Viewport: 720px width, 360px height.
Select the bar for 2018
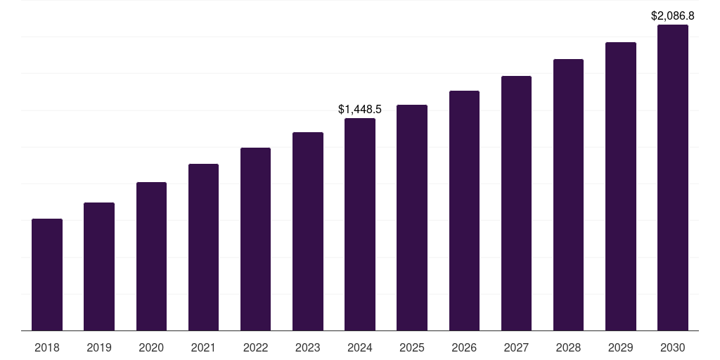pyautogui.click(x=47, y=274)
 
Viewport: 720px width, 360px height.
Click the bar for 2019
pyautogui.click(x=99, y=266)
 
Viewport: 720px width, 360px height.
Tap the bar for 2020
pyautogui.click(x=151, y=256)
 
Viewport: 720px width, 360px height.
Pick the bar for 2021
pyautogui.click(x=203, y=247)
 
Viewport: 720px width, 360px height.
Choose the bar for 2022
pyautogui.click(x=255, y=239)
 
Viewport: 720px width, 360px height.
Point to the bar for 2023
pyautogui.click(x=308, y=231)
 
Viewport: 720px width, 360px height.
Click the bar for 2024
pyautogui.click(x=360, y=224)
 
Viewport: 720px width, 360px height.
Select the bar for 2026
pyautogui.click(x=464, y=210)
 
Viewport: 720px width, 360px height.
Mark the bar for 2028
pyautogui.click(x=568, y=195)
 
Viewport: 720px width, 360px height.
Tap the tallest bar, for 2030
pyautogui.click(x=672, y=177)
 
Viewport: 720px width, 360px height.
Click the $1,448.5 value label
pyautogui.click(x=360, y=110)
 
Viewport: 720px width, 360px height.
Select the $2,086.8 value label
pyautogui.click(x=673, y=15)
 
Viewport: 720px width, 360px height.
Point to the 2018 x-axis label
pyautogui.click(x=47, y=347)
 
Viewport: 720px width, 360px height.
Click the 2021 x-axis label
pyautogui.click(x=203, y=347)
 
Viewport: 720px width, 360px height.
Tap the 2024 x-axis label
pyautogui.click(x=360, y=347)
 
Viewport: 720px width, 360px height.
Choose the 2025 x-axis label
pyautogui.click(x=412, y=347)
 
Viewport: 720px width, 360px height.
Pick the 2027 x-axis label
pyautogui.click(x=516, y=347)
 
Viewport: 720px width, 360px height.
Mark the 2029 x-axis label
pyautogui.click(x=620, y=347)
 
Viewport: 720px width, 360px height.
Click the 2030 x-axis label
pyautogui.click(x=672, y=347)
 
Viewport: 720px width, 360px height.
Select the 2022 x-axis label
pyautogui.click(x=255, y=347)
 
